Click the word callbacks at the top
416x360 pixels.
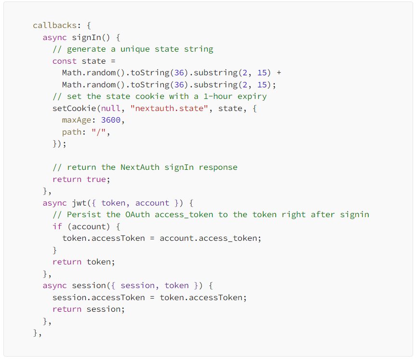tap(55, 26)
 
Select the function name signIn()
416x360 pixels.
tap(91, 38)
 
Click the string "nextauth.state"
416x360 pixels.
tap(169, 109)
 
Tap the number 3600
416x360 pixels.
tap(111, 120)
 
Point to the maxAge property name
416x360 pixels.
tap(77, 120)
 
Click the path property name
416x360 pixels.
tap(72, 132)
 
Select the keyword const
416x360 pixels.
tap(65, 61)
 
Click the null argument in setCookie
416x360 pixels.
tap(111, 109)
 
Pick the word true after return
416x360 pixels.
tap(96, 180)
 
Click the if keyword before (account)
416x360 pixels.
tap(57, 226)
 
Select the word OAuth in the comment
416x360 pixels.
tap(137, 214)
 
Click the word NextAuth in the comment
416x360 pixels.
tap(140, 167)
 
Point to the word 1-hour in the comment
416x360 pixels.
tap(218, 97)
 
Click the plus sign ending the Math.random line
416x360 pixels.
tap(279, 73)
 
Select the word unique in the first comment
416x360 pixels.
tap(135, 49)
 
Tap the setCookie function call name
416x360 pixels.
tap(74, 109)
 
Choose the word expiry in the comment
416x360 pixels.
tap(252, 97)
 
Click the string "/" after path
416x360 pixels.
tap(99, 132)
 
